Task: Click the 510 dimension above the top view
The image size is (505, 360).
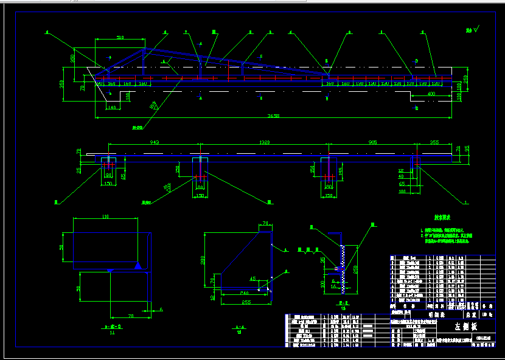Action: pos(120,38)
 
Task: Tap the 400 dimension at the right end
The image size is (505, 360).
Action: pos(431,94)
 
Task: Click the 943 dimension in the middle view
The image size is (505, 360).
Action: pos(154,143)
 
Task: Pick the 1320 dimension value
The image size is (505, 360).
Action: pos(265,143)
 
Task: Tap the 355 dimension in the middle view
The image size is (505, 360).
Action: pos(433,143)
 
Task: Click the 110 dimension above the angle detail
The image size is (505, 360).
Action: pos(105,216)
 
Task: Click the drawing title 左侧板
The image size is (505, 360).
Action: pos(466,327)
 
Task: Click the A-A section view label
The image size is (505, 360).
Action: pos(238,328)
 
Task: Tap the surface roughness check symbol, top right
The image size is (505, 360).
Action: pos(472,29)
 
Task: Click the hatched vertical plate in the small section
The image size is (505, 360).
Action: pos(344,268)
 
